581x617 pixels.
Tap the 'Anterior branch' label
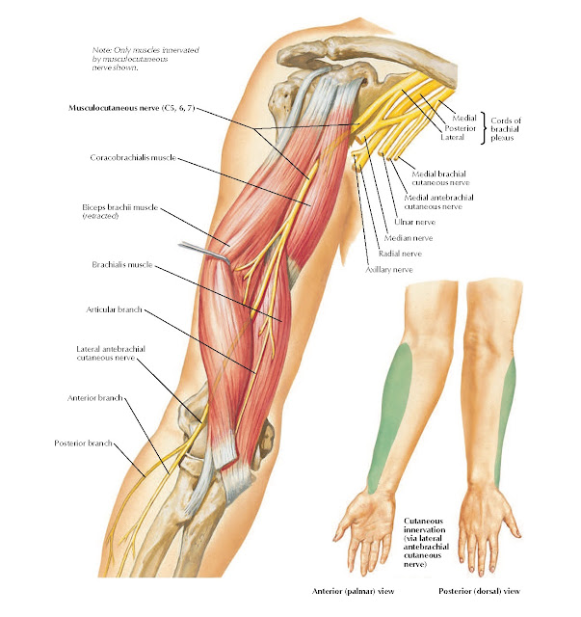coord(94,397)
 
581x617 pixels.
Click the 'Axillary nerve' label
coord(389,270)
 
